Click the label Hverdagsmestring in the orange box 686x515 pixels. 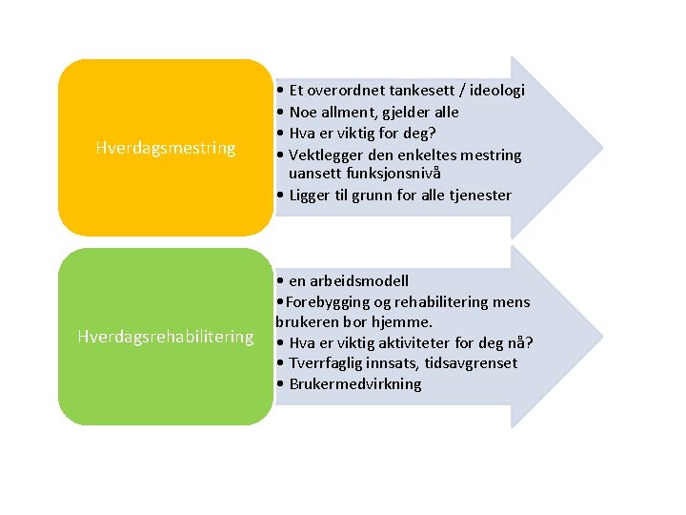[x=166, y=148]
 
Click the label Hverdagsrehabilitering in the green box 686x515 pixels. [x=165, y=337]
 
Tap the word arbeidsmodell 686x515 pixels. [x=361, y=280]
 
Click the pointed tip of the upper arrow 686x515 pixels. [x=602, y=147]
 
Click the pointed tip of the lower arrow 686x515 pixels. [x=602, y=337]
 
